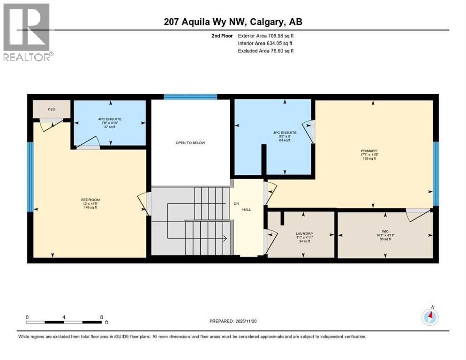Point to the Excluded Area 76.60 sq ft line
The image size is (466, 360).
[x=266, y=51]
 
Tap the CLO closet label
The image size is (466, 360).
[x=52, y=109]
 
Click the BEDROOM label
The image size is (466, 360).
[x=90, y=200]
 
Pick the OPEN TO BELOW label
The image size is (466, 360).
[x=190, y=142]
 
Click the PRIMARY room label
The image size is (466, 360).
[x=369, y=150]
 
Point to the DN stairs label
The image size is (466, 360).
[x=237, y=203]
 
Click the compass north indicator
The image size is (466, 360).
[x=430, y=317]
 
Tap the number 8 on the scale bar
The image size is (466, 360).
[x=101, y=317]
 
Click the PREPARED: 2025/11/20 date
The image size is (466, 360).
[x=233, y=321]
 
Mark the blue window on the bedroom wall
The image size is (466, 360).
[x=30, y=176]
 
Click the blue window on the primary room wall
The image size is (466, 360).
[x=436, y=173]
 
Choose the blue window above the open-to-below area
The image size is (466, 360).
[x=190, y=97]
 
